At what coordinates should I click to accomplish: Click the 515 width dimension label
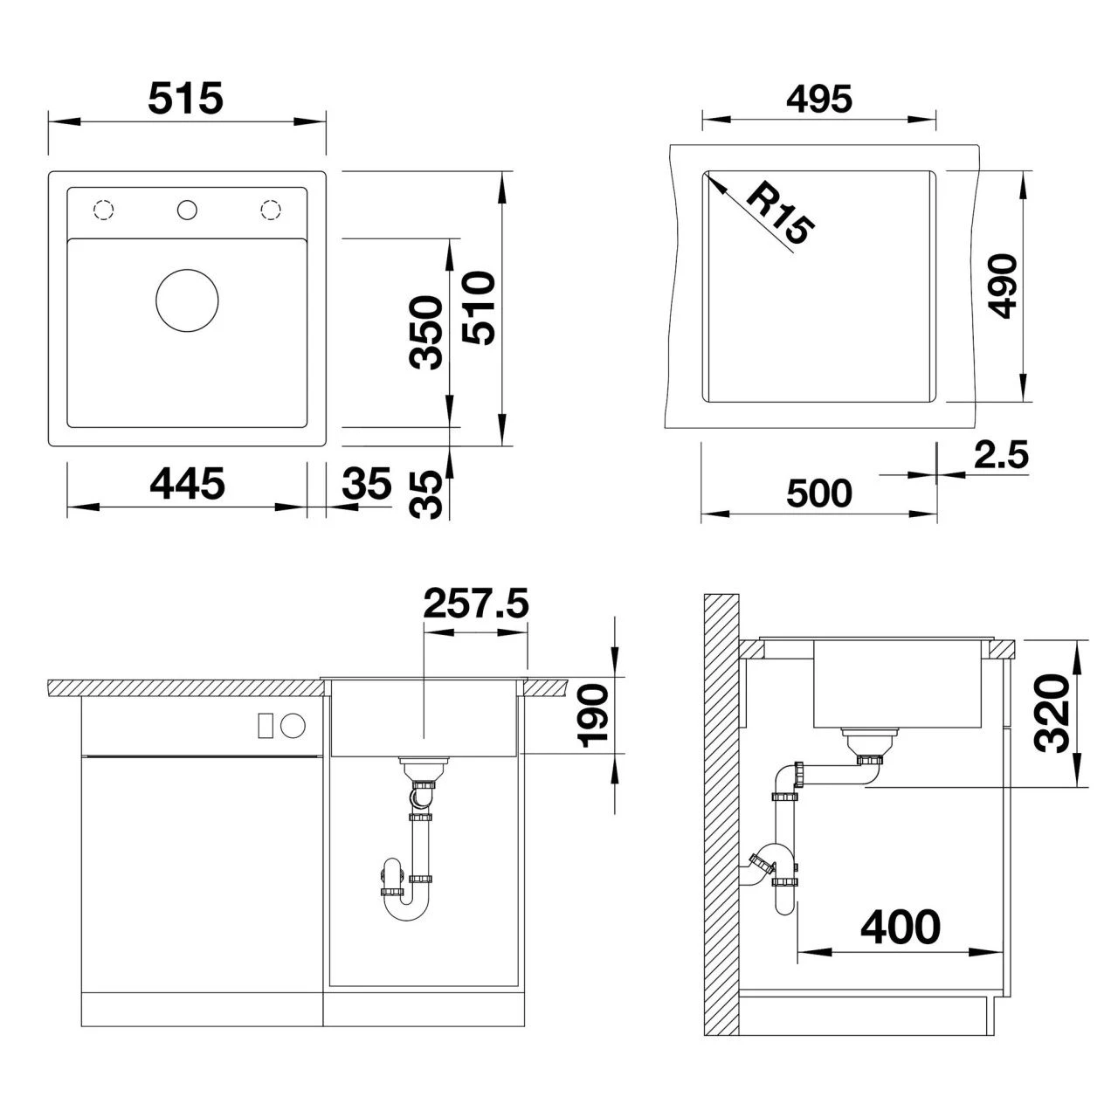click(x=186, y=98)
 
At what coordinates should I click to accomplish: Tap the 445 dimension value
click(x=188, y=483)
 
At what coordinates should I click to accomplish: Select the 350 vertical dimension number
click(x=426, y=333)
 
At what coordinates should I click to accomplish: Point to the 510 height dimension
click(x=479, y=308)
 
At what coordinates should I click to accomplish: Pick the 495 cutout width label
click(x=819, y=99)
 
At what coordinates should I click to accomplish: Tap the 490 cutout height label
click(x=1002, y=286)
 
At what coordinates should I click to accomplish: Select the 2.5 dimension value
click(x=1001, y=453)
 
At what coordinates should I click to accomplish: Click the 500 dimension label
click(x=819, y=493)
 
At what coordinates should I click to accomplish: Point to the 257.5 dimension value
click(x=476, y=604)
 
